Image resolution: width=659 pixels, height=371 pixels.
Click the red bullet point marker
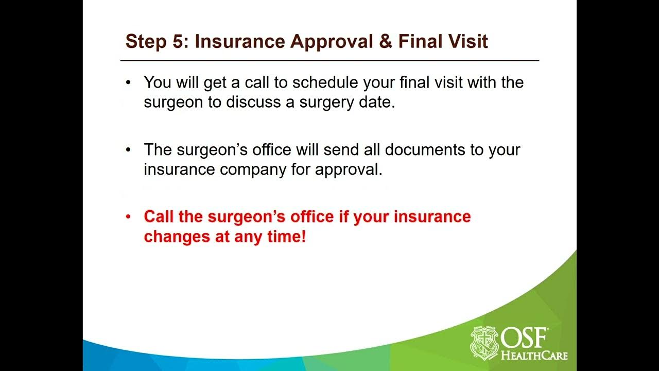click(x=128, y=217)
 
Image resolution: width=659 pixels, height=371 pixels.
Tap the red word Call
click(x=159, y=216)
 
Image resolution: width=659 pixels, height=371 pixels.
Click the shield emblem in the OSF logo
click(x=484, y=343)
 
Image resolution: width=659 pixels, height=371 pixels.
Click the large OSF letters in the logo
click(x=525, y=338)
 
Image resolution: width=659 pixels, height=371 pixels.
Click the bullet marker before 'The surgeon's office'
click(x=128, y=150)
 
